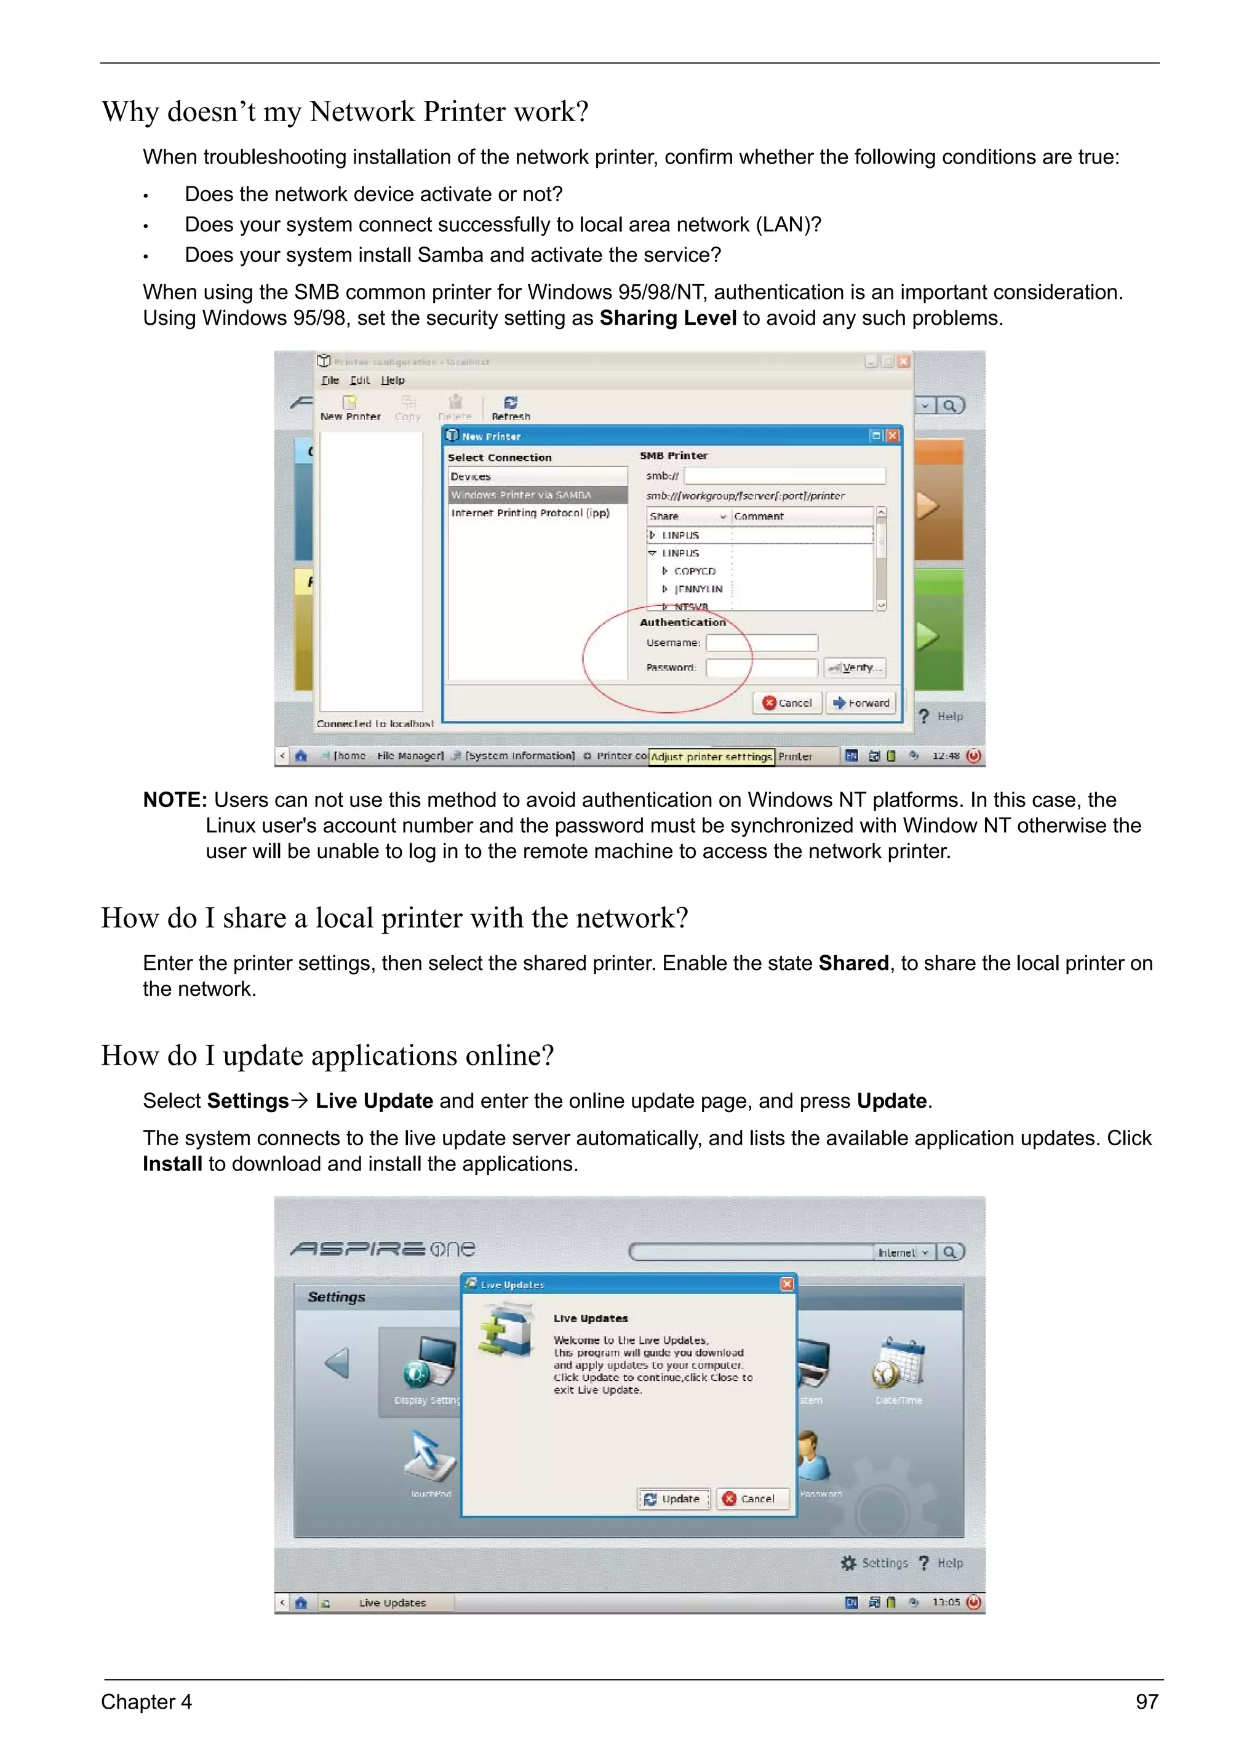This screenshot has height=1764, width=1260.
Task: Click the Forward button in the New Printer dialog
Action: (861, 703)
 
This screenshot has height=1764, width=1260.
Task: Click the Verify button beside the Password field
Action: (854, 667)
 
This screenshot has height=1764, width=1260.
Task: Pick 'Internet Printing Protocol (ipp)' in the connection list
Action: (531, 513)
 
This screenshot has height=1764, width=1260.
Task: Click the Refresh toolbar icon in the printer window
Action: (511, 407)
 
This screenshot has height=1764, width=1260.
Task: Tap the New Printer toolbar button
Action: (350, 407)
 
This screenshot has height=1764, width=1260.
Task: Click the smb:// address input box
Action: (784, 475)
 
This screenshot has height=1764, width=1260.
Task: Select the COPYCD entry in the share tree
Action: (695, 571)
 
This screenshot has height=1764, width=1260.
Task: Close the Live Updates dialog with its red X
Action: (787, 1284)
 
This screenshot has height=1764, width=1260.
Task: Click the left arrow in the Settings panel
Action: (338, 1363)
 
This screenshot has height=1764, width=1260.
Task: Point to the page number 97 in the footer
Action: (1147, 1702)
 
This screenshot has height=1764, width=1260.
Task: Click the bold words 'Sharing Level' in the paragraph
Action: (668, 318)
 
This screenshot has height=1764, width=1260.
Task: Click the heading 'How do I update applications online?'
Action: (327, 1056)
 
